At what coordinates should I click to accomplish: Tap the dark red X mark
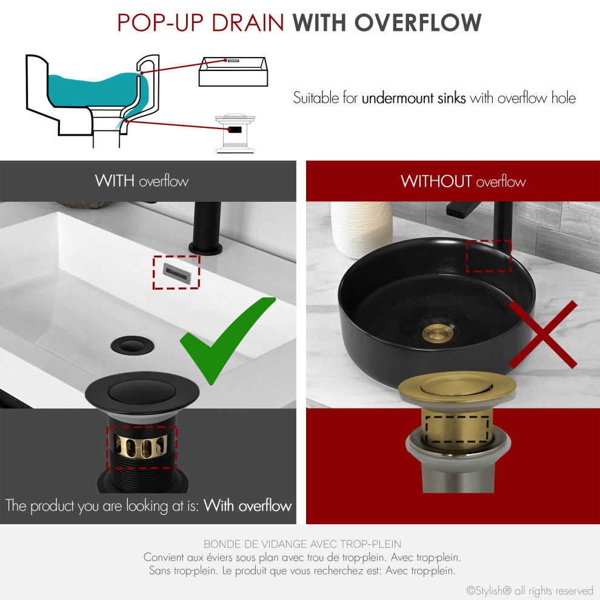pyautogui.click(x=543, y=335)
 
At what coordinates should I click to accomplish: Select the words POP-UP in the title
pyautogui.click(x=158, y=23)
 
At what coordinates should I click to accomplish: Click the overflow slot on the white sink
pyautogui.click(x=176, y=272)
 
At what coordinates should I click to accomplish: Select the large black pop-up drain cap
pyautogui.click(x=143, y=391)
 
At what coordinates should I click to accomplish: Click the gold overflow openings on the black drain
pyautogui.click(x=142, y=448)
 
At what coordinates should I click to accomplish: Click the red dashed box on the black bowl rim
pyautogui.click(x=488, y=256)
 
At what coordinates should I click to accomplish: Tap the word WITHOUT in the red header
pyautogui.click(x=436, y=181)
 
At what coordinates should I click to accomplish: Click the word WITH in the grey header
pyautogui.click(x=115, y=181)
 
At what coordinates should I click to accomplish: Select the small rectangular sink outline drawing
pyautogui.click(x=232, y=72)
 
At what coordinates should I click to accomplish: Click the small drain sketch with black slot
pyautogui.click(x=234, y=132)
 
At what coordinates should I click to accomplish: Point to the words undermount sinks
pyautogui.click(x=414, y=98)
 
